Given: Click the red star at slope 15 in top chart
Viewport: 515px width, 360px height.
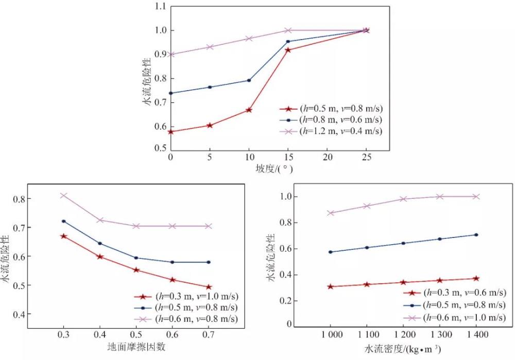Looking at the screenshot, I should pos(287,50).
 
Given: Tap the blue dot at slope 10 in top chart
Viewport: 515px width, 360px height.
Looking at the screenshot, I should pos(249,80).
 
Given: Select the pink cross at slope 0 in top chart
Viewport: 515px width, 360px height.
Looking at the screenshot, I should pos(170,54).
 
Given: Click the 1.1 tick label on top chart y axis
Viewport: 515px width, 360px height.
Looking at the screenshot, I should pos(160,7).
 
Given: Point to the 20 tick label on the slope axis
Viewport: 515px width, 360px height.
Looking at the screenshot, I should pos(327,157).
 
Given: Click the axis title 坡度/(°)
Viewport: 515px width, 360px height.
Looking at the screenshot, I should pos(269,168).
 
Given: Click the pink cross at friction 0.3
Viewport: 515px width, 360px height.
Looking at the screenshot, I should pos(64,196).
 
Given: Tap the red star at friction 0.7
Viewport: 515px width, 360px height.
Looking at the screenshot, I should pos(209,287).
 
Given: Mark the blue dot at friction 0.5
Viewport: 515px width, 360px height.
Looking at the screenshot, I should pos(136,258).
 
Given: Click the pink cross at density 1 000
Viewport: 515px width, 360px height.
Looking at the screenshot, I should pos(331,213).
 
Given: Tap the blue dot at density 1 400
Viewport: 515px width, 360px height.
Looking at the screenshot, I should pos(476,235).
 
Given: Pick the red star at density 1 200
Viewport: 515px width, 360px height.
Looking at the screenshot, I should pos(403,282).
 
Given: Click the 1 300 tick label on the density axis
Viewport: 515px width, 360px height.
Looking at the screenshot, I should pos(439,335).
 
